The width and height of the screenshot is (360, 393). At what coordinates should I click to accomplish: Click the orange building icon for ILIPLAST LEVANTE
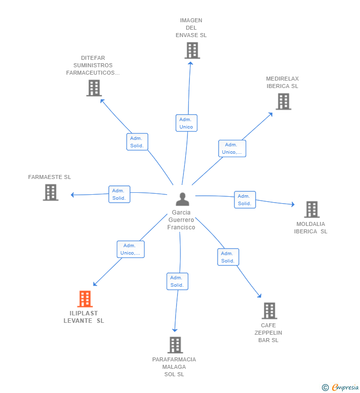85,299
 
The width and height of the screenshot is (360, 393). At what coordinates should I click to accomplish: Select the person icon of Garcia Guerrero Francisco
182,199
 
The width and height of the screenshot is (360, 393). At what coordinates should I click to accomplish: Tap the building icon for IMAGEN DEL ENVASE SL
192,50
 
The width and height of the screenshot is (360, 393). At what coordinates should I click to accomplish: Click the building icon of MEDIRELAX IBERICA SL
283,101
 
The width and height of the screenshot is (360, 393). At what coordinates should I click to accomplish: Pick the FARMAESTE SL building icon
50,192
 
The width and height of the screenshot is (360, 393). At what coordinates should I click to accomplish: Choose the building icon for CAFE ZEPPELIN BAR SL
269,311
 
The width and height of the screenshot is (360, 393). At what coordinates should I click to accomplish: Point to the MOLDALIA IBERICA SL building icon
312,210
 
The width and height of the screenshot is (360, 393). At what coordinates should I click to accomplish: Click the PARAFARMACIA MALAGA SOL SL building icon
175,345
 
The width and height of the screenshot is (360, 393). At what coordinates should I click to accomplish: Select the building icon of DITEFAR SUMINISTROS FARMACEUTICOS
94,88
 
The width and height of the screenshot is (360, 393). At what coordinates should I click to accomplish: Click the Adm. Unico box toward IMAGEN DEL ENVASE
186,123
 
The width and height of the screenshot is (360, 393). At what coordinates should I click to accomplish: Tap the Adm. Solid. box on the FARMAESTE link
119,194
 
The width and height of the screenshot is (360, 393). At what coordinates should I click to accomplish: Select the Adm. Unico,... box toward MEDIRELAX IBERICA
232,148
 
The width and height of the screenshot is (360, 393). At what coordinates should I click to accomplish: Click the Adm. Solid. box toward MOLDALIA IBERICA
245,200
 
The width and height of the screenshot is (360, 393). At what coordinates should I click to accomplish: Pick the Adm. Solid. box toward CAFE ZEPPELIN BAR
228,257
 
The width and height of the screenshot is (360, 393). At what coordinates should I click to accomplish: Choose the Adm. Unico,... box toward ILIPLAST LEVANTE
131,250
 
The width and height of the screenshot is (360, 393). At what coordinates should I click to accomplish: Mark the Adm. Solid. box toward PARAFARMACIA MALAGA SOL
177,281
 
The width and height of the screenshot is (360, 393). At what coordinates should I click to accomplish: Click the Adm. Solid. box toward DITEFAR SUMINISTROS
137,142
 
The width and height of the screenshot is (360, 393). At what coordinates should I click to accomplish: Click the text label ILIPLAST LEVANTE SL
84,317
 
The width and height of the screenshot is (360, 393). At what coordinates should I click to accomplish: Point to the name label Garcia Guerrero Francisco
181,220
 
